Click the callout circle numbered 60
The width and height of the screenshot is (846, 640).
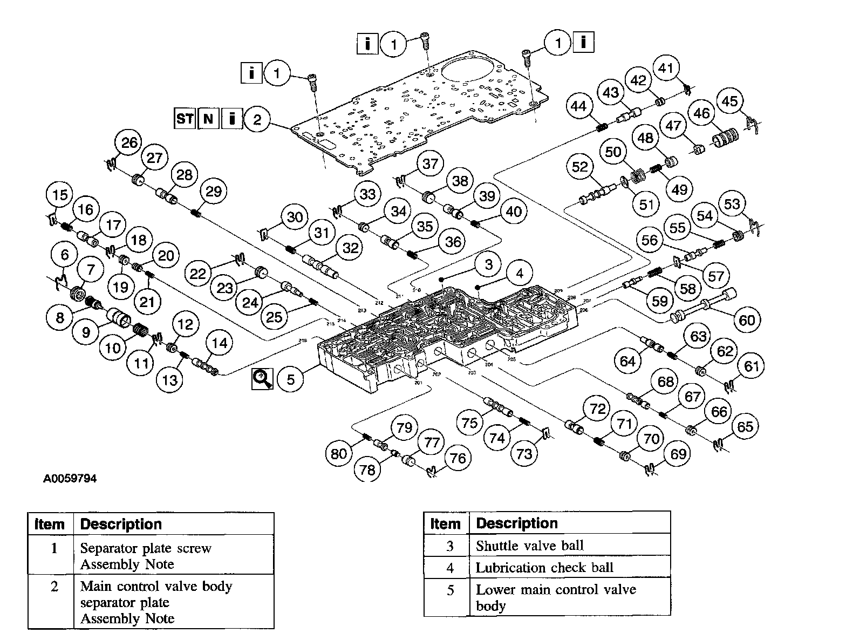pyautogui.click(x=747, y=320)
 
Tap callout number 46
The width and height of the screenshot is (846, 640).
pyautogui.click(x=702, y=113)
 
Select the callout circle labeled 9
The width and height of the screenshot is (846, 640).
pyautogui.click(x=86, y=332)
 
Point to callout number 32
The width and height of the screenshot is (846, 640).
pyautogui.click(x=351, y=248)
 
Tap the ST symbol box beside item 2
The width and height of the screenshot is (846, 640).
pyautogui.click(x=185, y=118)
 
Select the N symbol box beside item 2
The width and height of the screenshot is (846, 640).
pyautogui.click(x=208, y=118)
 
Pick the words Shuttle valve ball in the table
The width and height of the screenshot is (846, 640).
pyautogui.click(x=529, y=546)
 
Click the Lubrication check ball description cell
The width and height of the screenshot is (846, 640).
pyautogui.click(x=544, y=568)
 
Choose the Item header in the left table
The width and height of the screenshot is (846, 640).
pyautogui.click(x=50, y=524)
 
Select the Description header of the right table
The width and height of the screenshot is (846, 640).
pyautogui.click(x=516, y=523)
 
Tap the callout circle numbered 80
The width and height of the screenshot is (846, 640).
pyautogui.click(x=339, y=453)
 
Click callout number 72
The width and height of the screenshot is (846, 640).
pyautogui.click(x=597, y=409)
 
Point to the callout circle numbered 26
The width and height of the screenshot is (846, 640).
pyautogui.click(x=129, y=143)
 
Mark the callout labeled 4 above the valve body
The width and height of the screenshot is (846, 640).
pyautogui.click(x=519, y=274)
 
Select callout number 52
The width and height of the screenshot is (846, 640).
pyautogui.click(x=579, y=167)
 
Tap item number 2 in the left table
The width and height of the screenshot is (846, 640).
pyautogui.click(x=54, y=586)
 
